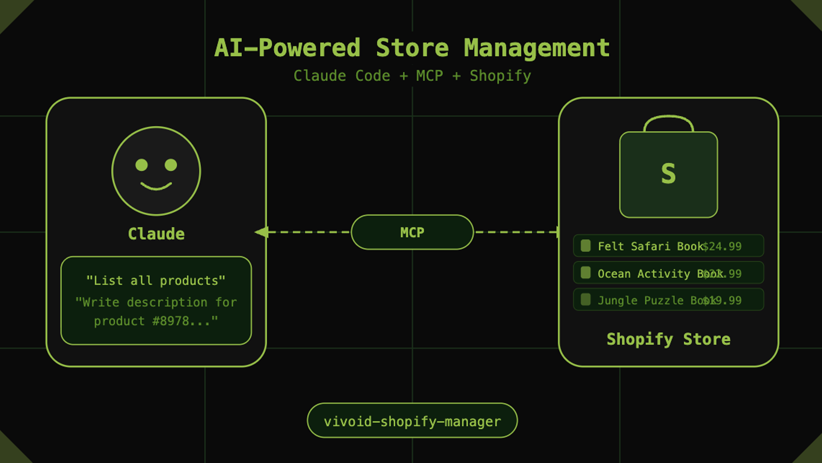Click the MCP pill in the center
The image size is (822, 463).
click(412, 232)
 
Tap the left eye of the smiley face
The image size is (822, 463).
click(142, 165)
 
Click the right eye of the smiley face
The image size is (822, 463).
click(171, 165)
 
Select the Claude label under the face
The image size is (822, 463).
click(156, 234)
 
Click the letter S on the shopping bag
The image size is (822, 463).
click(668, 174)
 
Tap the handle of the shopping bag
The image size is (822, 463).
click(668, 117)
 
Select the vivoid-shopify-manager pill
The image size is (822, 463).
click(412, 421)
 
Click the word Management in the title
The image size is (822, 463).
click(537, 48)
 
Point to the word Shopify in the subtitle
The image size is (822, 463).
click(500, 76)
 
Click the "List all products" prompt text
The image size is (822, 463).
click(156, 281)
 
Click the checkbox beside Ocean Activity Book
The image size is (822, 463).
click(586, 273)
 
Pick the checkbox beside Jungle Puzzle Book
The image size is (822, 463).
click(586, 300)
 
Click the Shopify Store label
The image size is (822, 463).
click(668, 339)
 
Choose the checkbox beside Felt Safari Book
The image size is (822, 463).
click(586, 246)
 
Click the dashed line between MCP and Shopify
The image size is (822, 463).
click(516, 232)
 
